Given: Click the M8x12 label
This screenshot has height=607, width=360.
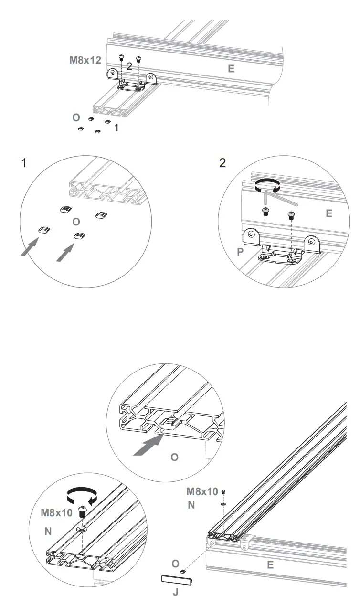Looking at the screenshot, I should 85,61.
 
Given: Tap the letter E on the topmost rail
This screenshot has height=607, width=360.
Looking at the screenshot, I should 231,69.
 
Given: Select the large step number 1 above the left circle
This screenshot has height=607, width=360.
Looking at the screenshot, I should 24,163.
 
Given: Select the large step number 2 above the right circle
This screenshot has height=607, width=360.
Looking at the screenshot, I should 222,163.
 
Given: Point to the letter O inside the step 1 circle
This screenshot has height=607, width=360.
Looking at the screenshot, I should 75,222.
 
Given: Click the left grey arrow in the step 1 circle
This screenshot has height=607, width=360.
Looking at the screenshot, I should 30,247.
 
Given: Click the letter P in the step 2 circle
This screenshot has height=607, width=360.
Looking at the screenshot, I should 240,252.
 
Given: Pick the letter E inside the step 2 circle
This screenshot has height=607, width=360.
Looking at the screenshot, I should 328,213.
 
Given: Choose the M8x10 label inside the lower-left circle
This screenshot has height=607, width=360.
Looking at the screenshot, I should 56,513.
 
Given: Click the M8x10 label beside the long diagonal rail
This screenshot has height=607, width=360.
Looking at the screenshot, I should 202,491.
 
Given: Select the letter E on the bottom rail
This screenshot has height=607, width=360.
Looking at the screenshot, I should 270,565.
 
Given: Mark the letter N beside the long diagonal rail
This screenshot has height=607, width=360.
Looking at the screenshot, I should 191,505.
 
